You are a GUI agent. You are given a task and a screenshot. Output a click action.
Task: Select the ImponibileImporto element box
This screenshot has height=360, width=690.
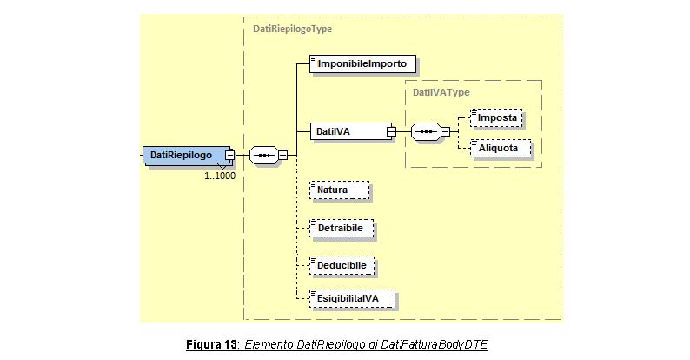pyautogui.click(x=362, y=63)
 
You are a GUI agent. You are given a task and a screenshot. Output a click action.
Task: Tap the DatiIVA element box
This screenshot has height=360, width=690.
pyautogui.click(x=351, y=131)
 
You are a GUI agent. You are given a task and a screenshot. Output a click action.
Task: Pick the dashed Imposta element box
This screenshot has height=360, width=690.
pyautogui.click(x=496, y=118)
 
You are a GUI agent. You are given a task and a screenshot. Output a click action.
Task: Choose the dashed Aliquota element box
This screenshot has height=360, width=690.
pyautogui.click(x=501, y=149)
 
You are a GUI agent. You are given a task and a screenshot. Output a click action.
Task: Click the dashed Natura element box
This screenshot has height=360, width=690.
pyautogui.click(x=339, y=190)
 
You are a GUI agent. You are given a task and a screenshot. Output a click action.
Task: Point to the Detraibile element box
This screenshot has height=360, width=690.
pyautogui.click(x=342, y=229)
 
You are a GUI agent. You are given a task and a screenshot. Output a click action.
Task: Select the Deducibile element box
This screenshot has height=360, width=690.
pyautogui.click(x=342, y=266)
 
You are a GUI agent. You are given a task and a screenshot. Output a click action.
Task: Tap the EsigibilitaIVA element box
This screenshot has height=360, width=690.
pyautogui.click(x=353, y=299)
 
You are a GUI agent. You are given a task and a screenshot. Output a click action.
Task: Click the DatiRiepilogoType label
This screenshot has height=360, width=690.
pyautogui.click(x=292, y=29)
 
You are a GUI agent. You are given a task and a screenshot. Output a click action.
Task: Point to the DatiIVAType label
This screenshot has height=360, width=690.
pyautogui.click(x=441, y=92)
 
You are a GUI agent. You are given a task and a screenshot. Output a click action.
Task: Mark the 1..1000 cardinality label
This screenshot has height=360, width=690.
pyautogui.click(x=220, y=176)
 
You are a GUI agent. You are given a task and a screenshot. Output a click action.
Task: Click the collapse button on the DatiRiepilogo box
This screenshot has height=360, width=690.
pyautogui.click(x=229, y=156)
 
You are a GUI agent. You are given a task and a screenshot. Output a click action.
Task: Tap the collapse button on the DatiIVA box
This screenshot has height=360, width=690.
pyautogui.click(x=391, y=131)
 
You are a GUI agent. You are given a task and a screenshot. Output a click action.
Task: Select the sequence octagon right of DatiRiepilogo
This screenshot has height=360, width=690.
pyautogui.click(x=264, y=156)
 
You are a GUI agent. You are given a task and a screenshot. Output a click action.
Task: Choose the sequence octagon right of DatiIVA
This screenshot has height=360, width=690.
pyautogui.click(x=426, y=131)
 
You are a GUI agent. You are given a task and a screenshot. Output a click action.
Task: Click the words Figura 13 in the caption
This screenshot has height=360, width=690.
pyautogui.click(x=211, y=344)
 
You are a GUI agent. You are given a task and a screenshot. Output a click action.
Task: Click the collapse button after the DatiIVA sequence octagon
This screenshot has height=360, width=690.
pyautogui.click(x=445, y=131)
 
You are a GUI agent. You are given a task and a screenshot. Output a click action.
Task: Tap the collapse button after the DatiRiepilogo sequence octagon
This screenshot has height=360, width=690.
pyautogui.click(x=283, y=156)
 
